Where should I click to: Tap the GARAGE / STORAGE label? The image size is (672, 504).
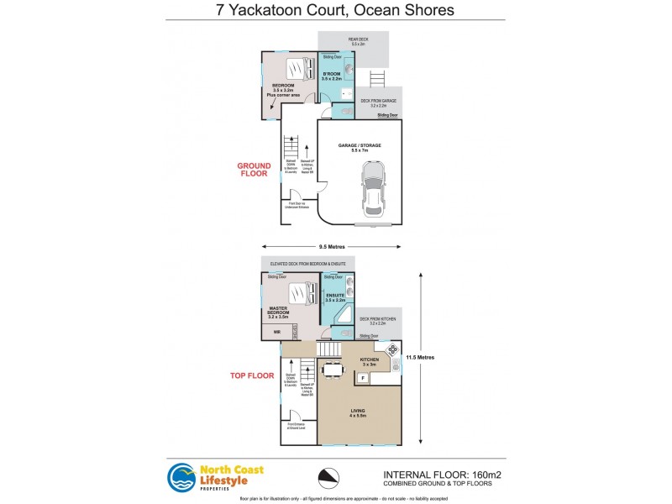click(360, 145)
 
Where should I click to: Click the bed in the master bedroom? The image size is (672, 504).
click(300, 294)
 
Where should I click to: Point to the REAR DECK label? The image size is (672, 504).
click(354, 39)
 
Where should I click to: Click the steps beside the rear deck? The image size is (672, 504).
click(377, 79)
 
